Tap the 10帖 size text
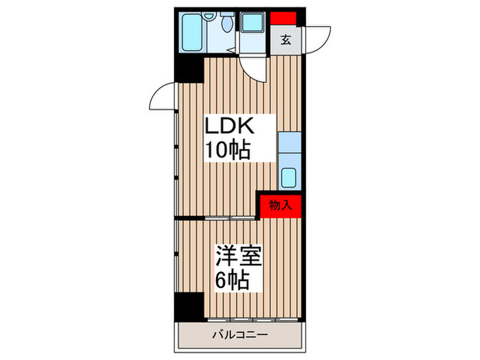(226, 149)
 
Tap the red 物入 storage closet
(280, 205)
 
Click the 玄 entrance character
(285, 40)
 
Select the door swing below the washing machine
(255, 65)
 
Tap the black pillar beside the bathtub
(189, 69)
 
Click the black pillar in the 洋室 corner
(189, 304)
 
